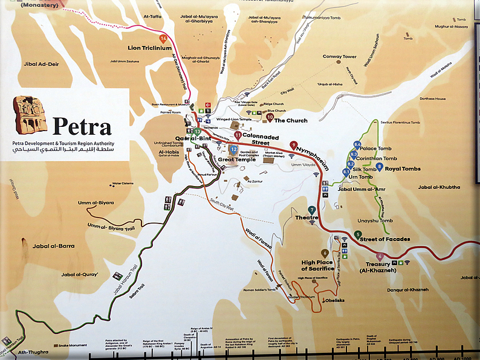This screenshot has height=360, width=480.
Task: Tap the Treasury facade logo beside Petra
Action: tap(30, 114)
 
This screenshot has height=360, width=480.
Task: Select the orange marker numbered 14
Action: tap(163, 38)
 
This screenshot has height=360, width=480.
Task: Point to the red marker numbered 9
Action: tap(293, 145)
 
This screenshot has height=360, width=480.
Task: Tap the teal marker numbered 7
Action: tap(311, 210)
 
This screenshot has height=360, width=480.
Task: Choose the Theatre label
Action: tap(306, 217)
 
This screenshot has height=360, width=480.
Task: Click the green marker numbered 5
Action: tap(358, 234)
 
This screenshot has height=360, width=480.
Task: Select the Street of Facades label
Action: tap(386, 239)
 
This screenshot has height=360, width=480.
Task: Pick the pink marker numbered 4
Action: tap(380, 256)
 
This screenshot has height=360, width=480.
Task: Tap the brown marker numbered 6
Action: tap(325, 253)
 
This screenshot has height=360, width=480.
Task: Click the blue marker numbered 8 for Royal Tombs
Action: tap(379, 166)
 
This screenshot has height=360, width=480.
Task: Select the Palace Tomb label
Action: tap(376, 149)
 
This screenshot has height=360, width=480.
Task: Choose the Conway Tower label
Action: tap(339, 57)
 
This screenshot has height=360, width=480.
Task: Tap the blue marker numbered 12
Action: tap(233, 149)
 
